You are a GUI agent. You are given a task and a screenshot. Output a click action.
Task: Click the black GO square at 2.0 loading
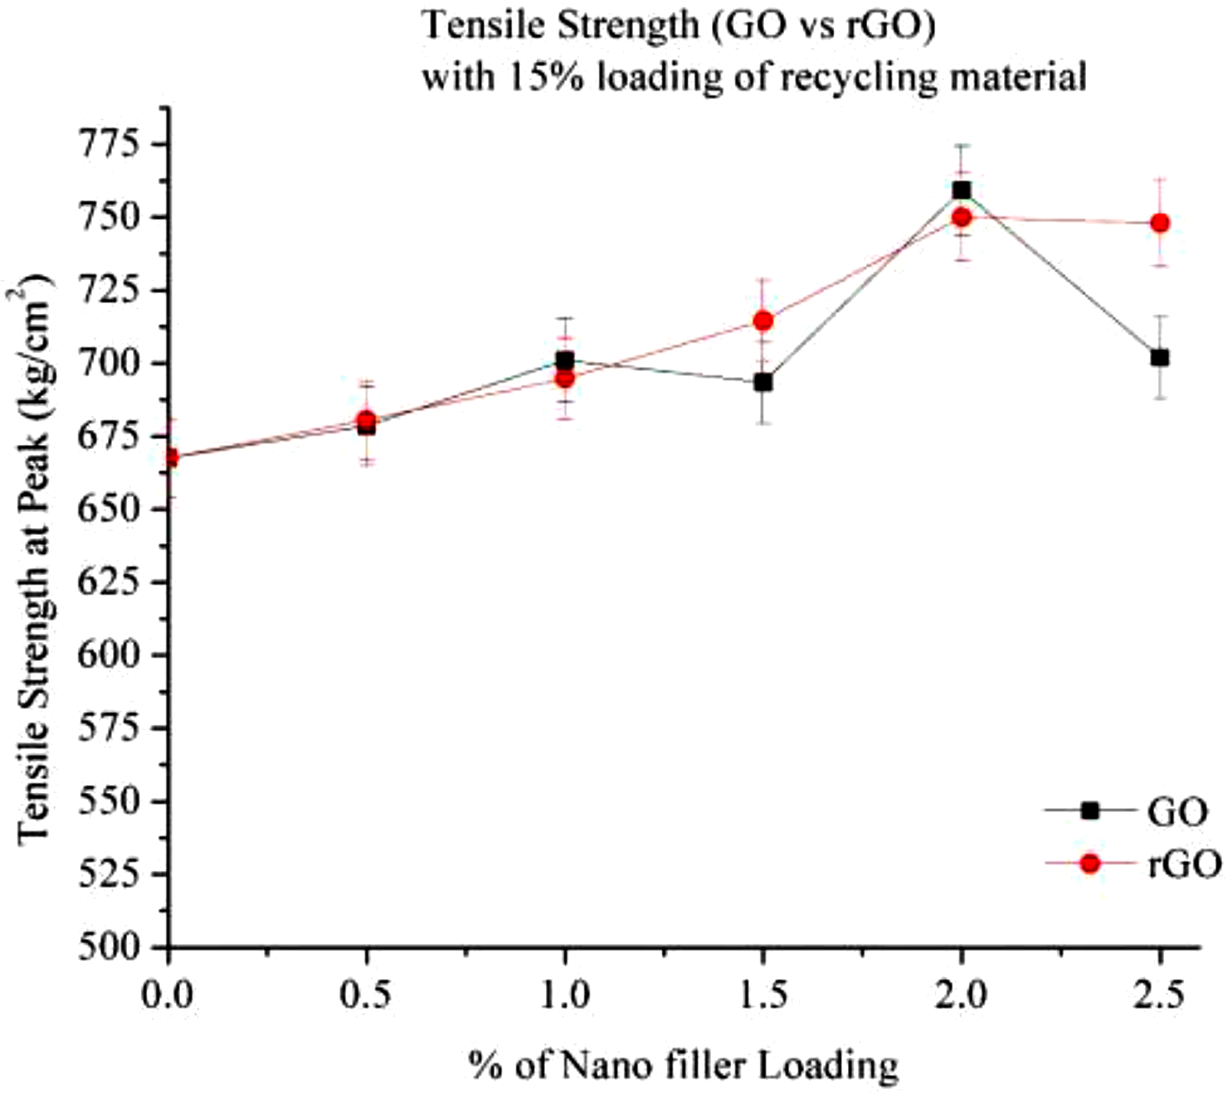tap(961, 190)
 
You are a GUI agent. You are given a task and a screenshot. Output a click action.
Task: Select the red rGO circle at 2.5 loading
tap(1160, 223)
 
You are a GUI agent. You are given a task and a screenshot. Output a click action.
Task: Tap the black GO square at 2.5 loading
tap(1160, 357)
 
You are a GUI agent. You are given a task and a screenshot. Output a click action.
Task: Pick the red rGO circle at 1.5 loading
tap(763, 321)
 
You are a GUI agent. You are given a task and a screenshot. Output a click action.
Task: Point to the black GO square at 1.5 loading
tap(763, 382)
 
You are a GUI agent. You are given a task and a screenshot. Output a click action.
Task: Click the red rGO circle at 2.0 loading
tap(961, 217)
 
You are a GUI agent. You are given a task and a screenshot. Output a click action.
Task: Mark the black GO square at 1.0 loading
tap(564, 360)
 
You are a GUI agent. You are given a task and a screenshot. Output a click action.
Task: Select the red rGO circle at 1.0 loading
tap(564, 378)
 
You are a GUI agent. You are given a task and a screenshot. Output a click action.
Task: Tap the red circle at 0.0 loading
tap(170, 458)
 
